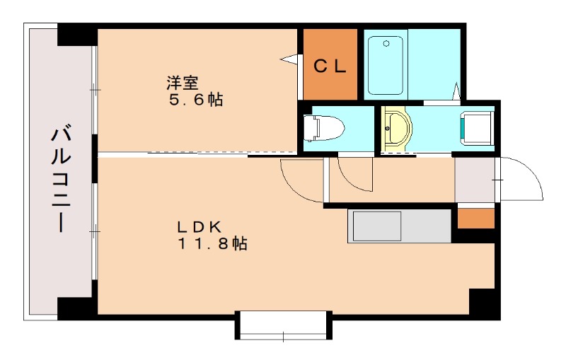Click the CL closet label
click(330, 66)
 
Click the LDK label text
click(200, 227)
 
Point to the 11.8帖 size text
click(212, 245)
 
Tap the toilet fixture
click(323, 129)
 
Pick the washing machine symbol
click(476, 128)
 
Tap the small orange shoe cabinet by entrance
click(475, 219)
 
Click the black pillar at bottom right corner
click(485, 302)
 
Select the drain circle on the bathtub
click(386, 43)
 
